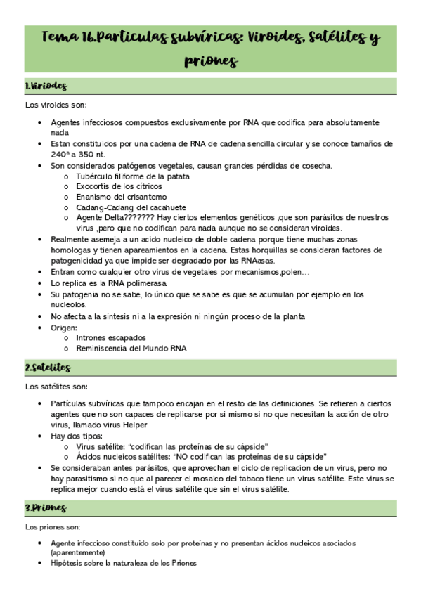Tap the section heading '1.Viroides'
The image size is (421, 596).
[46, 86]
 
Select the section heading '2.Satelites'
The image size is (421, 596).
[48, 368]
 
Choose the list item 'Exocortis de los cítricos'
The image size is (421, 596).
[119, 187]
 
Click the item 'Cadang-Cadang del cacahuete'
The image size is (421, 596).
[131, 207]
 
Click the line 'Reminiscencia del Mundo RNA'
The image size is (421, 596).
[131, 349]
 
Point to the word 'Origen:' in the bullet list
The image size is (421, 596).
[63, 328]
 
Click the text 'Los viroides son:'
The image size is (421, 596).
[56, 105]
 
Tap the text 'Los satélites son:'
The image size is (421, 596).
[56, 387]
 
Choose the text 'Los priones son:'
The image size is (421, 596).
[53, 526]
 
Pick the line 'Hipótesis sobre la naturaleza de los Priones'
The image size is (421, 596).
[124, 564]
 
